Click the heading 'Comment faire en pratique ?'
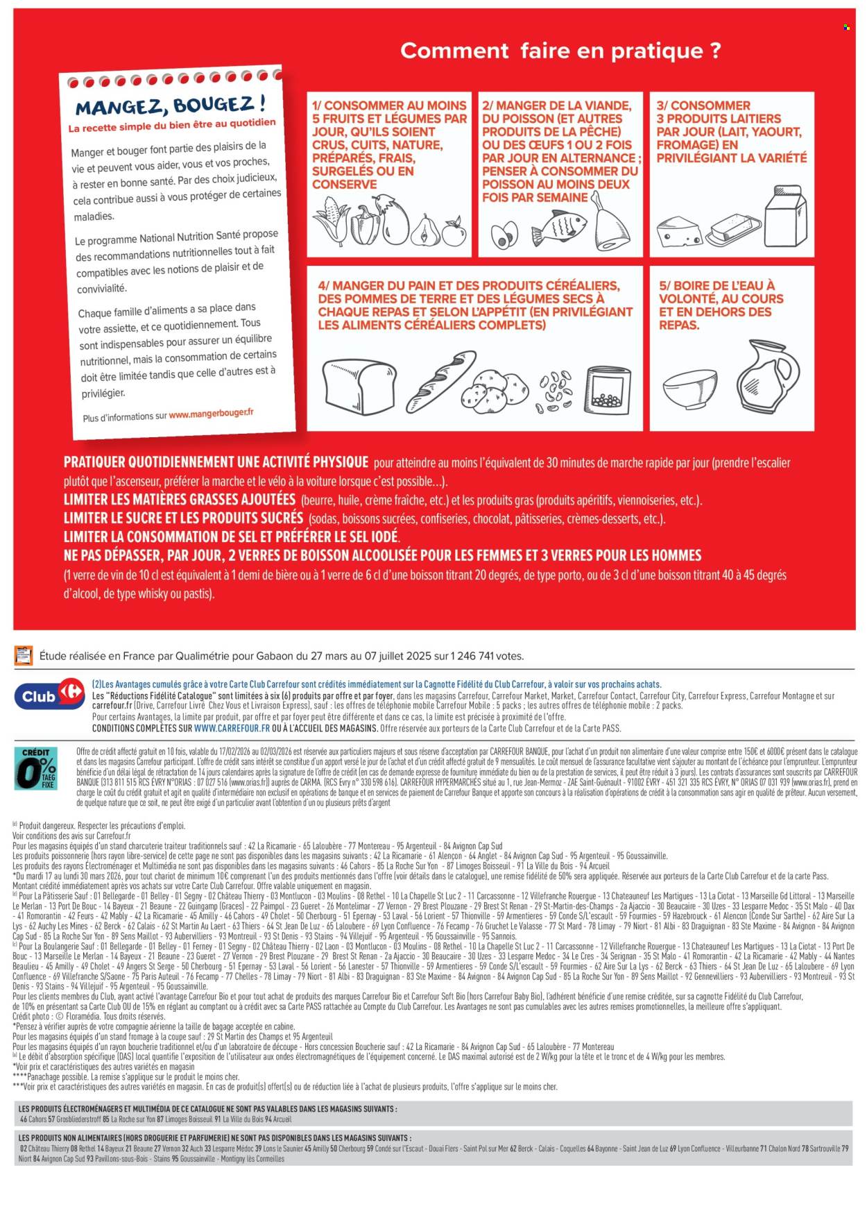pos(560,51)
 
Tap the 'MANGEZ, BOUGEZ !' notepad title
pos(169,106)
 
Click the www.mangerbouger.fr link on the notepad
pos(211,414)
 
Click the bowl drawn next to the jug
pos(690,389)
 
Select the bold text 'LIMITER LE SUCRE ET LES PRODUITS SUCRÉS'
pos(183,518)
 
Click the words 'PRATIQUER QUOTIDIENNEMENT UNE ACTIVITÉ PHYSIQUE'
pos(216,462)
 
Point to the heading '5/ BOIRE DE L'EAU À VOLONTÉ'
pos(721,305)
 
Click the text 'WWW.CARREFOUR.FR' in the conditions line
pos(232,729)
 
